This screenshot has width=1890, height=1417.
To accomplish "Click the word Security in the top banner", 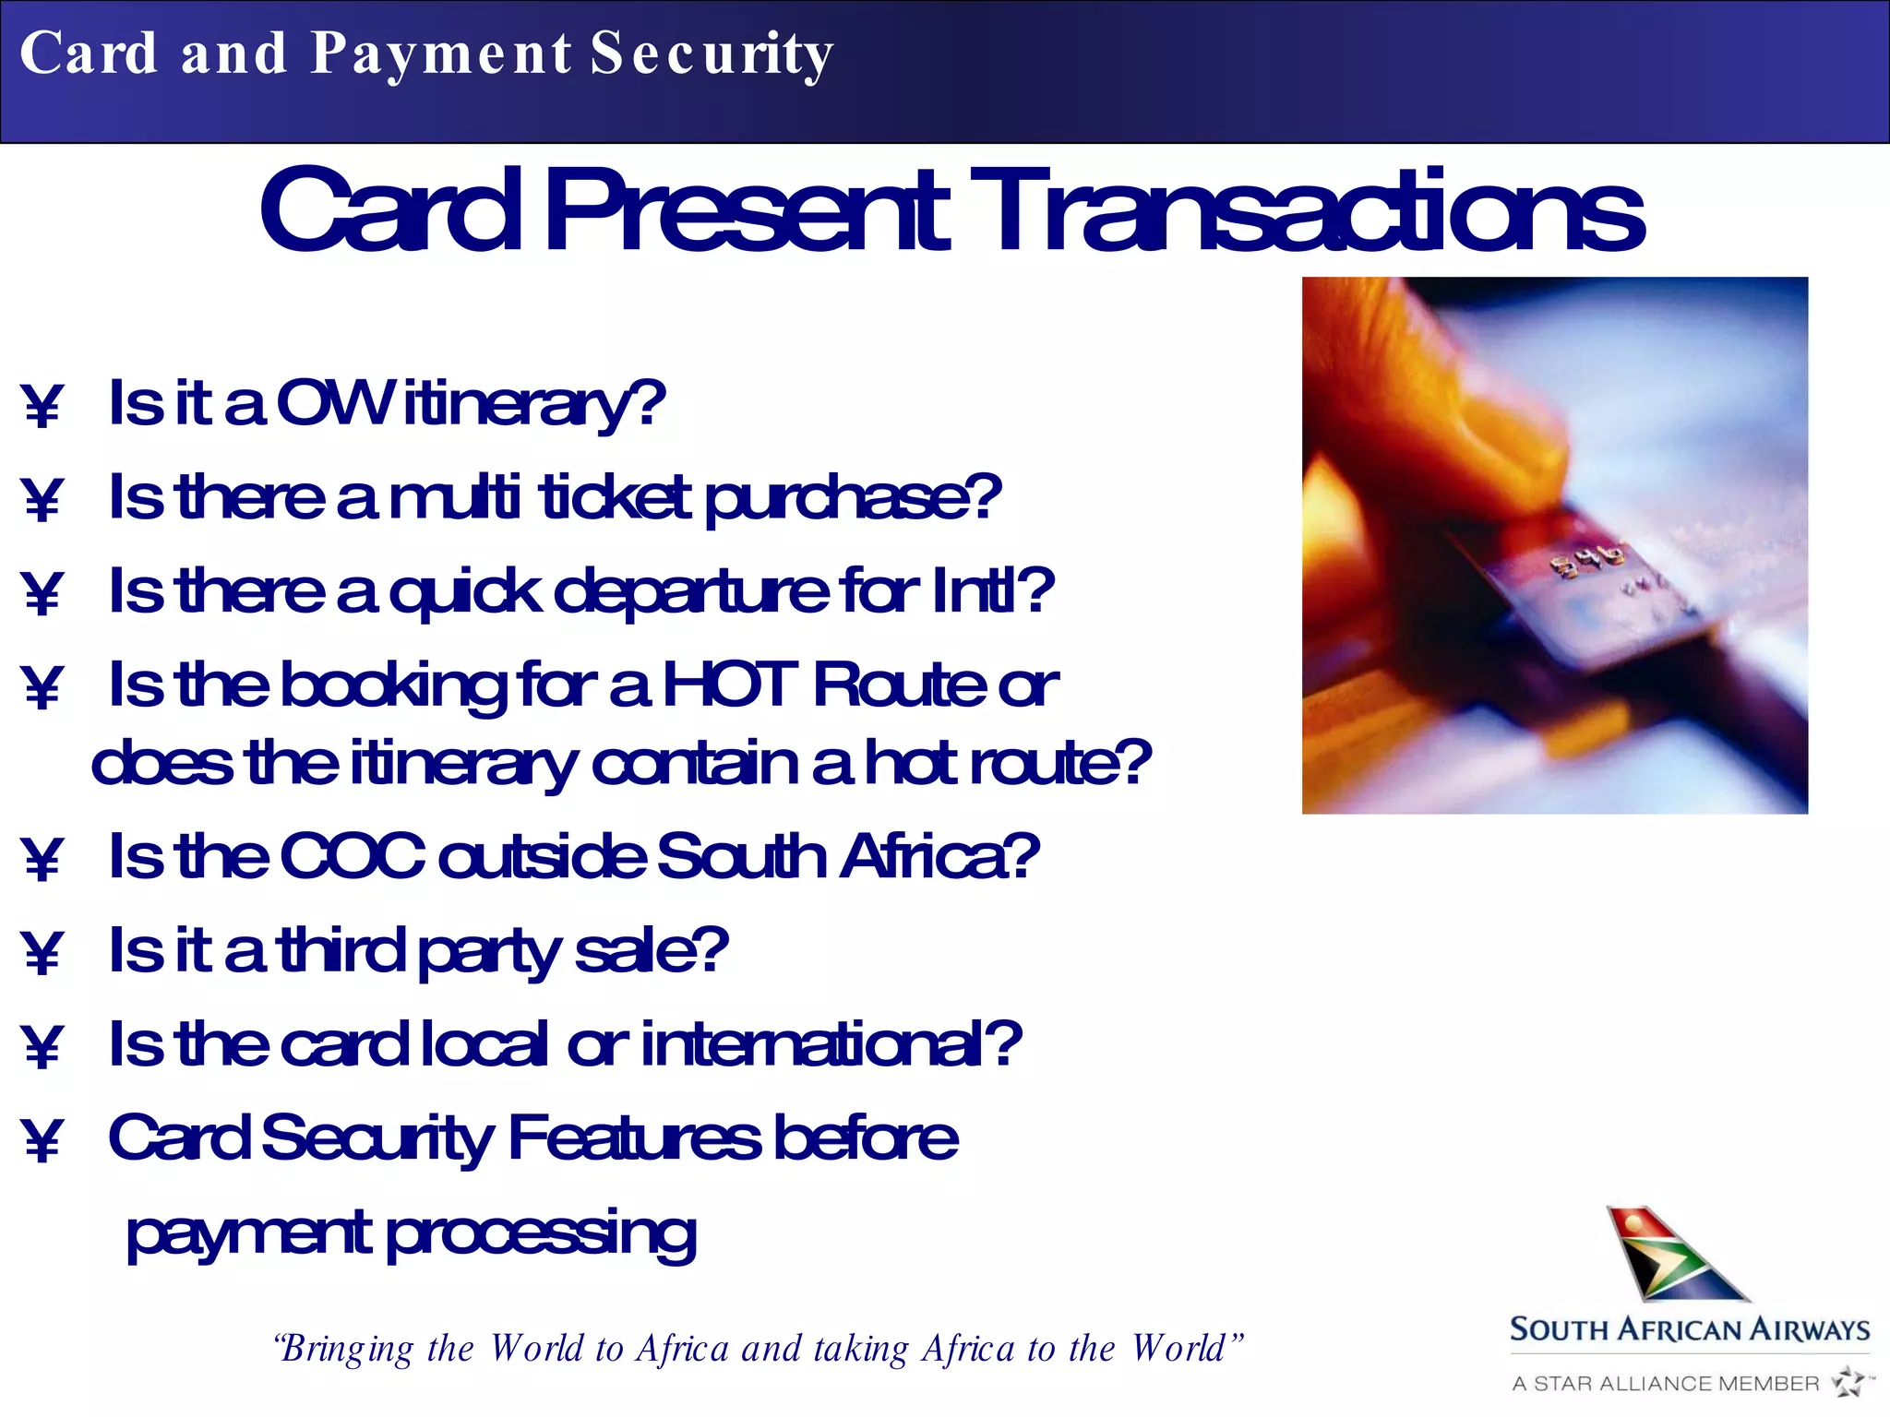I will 712,54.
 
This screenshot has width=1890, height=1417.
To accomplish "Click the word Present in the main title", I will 746,211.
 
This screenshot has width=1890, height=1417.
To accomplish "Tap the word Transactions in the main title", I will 1315,211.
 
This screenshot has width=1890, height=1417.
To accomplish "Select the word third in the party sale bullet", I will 341,950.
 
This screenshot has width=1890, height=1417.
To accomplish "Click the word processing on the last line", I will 541,1234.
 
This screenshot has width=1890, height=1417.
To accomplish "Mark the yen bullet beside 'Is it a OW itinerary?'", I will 42,406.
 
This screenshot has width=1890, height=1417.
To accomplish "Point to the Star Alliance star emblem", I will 1848,1382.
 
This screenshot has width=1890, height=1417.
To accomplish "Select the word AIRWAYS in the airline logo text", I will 1810,1329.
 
